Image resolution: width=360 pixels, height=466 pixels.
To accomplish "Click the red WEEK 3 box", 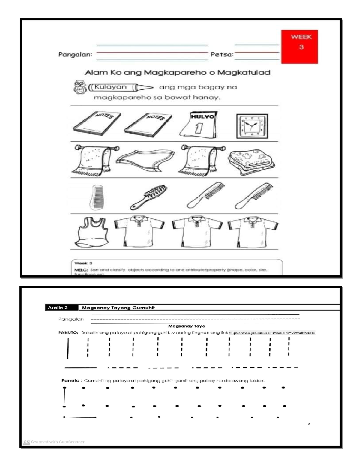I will click(x=299, y=47).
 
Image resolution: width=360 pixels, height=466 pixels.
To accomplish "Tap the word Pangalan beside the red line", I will click(x=75, y=55).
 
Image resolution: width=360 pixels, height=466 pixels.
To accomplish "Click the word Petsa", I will click(x=222, y=55).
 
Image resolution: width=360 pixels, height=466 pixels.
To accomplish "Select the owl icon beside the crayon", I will click(x=80, y=87).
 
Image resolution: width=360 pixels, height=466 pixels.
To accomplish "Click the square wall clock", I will click(x=252, y=126).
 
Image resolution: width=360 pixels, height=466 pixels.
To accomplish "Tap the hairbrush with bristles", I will click(x=149, y=197).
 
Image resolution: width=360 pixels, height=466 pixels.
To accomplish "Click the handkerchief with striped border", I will click(x=145, y=160).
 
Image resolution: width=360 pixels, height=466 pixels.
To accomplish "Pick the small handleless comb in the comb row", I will click(x=97, y=197).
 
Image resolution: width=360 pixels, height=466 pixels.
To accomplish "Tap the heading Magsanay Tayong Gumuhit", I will click(x=118, y=308).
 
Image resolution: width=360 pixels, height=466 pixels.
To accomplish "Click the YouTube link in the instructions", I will click(x=272, y=332).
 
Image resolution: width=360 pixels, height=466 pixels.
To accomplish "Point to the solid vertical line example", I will click(x=68, y=348).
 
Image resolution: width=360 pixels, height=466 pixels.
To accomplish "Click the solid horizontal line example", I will click(x=80, y=367).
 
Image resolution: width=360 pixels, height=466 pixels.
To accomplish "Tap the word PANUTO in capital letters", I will click(x=68, y=332).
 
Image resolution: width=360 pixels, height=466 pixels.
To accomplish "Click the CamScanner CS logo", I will click(x=26, y=442).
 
